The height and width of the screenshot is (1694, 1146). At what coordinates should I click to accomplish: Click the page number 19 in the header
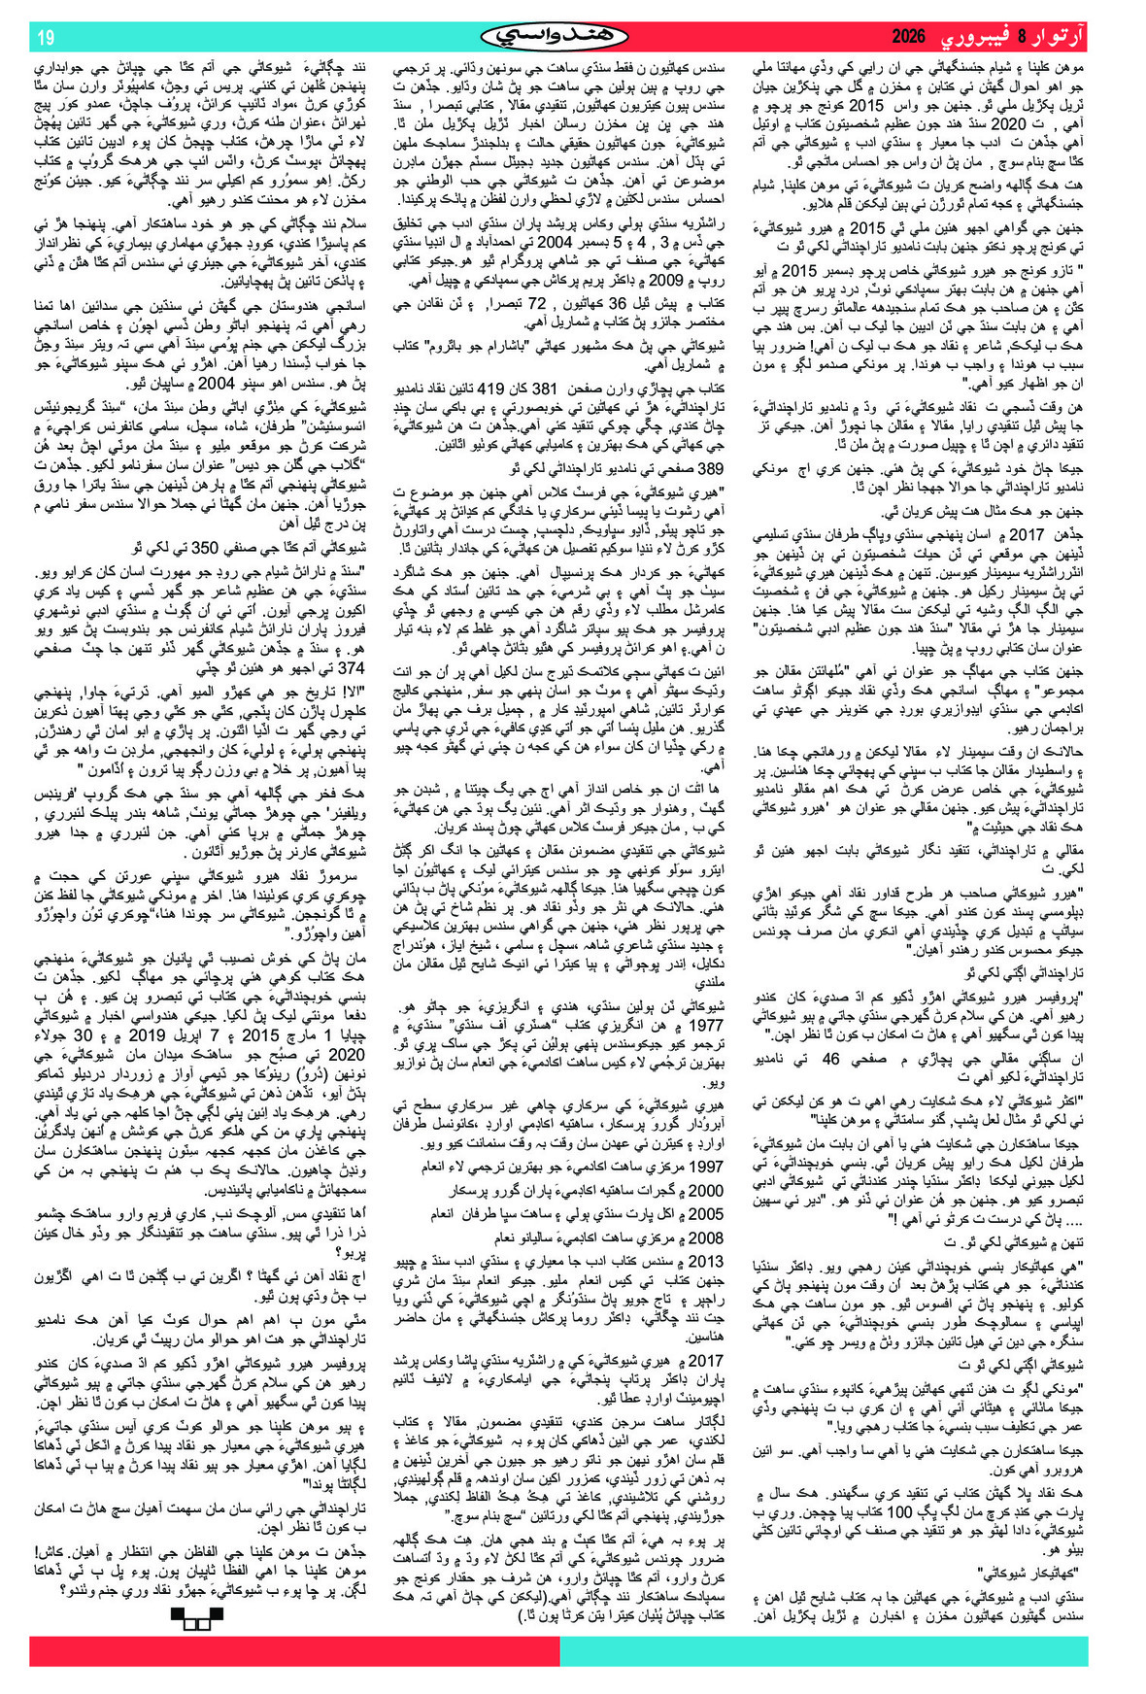point(46,38)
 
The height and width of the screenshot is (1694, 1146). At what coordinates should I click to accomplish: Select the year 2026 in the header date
point(910,38)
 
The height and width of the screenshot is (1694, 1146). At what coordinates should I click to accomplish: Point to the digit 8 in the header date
point(1022,38)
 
